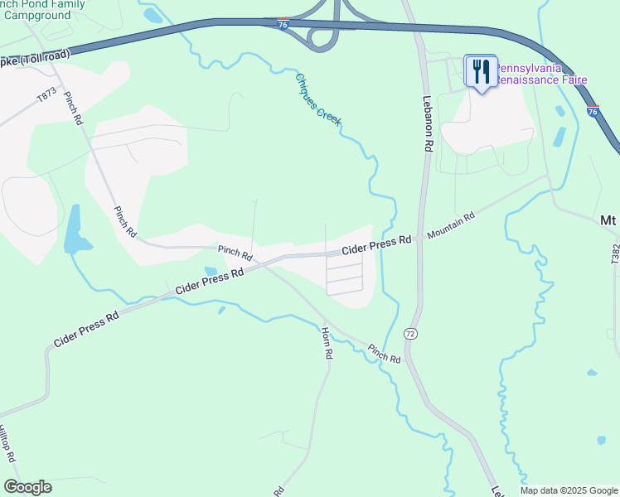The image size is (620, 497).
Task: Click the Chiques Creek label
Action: pos(318,99)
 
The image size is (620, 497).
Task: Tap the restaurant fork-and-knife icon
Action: pos(480,70)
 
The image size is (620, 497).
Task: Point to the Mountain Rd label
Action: pos(451,225)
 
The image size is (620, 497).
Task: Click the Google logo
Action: pos(27,487)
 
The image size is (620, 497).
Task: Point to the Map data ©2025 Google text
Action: pos(569,490)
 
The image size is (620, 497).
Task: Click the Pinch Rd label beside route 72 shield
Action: pos(385,354)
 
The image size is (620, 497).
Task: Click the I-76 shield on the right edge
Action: pos(592,111)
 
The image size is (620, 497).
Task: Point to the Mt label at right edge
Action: pos(609,220)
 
